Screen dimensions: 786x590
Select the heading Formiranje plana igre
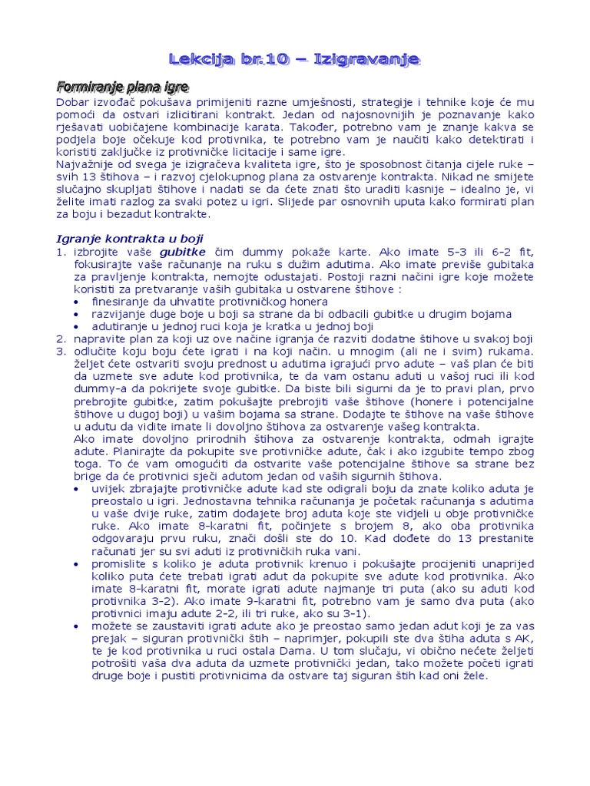[123, 86]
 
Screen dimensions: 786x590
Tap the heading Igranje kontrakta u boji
[131, 238]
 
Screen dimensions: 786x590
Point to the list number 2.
[62, 339]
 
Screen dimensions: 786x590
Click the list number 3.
[62, 351]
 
